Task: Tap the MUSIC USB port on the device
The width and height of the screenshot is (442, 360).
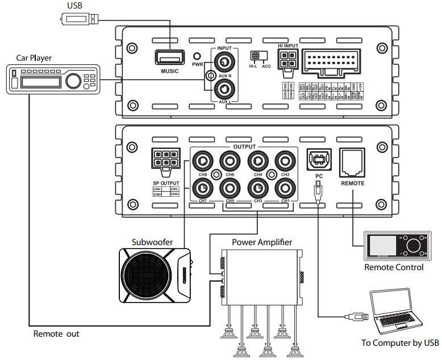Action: (169, 57)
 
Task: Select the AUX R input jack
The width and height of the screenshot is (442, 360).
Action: (225, 62)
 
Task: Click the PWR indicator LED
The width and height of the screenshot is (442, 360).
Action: (197, 57)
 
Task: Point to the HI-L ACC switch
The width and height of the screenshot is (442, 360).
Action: (256, 57)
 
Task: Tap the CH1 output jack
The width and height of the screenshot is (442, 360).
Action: (285, 187)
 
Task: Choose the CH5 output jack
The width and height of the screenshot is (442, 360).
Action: (230, 187)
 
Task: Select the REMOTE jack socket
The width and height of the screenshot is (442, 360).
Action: (352, 163)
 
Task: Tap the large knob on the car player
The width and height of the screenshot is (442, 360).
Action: (73, 81)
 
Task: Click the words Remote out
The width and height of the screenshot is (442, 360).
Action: (56, 334)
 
